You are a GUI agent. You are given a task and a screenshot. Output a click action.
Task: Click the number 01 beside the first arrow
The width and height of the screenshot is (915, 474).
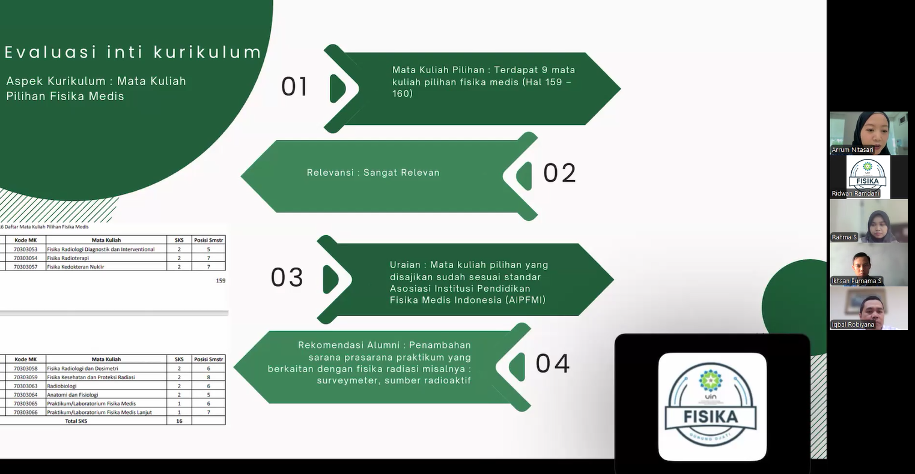click(294, 87)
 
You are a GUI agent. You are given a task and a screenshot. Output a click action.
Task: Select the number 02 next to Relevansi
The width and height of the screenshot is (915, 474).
click(559, 173)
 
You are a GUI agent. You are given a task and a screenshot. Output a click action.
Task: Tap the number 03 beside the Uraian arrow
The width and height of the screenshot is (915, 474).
click(287, 278)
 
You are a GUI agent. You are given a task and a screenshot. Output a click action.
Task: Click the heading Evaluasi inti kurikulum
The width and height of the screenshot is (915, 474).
click(133, 52)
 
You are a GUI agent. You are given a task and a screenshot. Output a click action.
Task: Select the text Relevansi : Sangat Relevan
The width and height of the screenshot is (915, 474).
click(373, 173)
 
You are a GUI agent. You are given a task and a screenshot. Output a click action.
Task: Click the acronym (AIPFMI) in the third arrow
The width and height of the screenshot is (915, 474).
click(526, 300)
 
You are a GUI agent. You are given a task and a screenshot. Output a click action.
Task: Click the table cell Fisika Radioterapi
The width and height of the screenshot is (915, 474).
click(68, 258)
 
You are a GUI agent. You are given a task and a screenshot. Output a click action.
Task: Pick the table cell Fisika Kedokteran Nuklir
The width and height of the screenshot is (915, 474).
click(76, 266)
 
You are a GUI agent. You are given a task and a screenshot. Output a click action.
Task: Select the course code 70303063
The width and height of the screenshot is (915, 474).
click(26, 386)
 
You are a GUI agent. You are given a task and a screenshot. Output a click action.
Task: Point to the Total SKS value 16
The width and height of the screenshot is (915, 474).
click(179, 421)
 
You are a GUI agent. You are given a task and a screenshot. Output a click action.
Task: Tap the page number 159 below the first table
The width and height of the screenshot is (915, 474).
click(220, 280)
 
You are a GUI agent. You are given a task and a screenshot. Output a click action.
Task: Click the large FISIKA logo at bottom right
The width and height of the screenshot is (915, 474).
click(712, 407)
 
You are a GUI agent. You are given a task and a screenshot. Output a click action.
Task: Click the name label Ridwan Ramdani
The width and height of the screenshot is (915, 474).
click(856, 193)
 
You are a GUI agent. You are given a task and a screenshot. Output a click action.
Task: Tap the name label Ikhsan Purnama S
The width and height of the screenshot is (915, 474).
click(857, 281)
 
